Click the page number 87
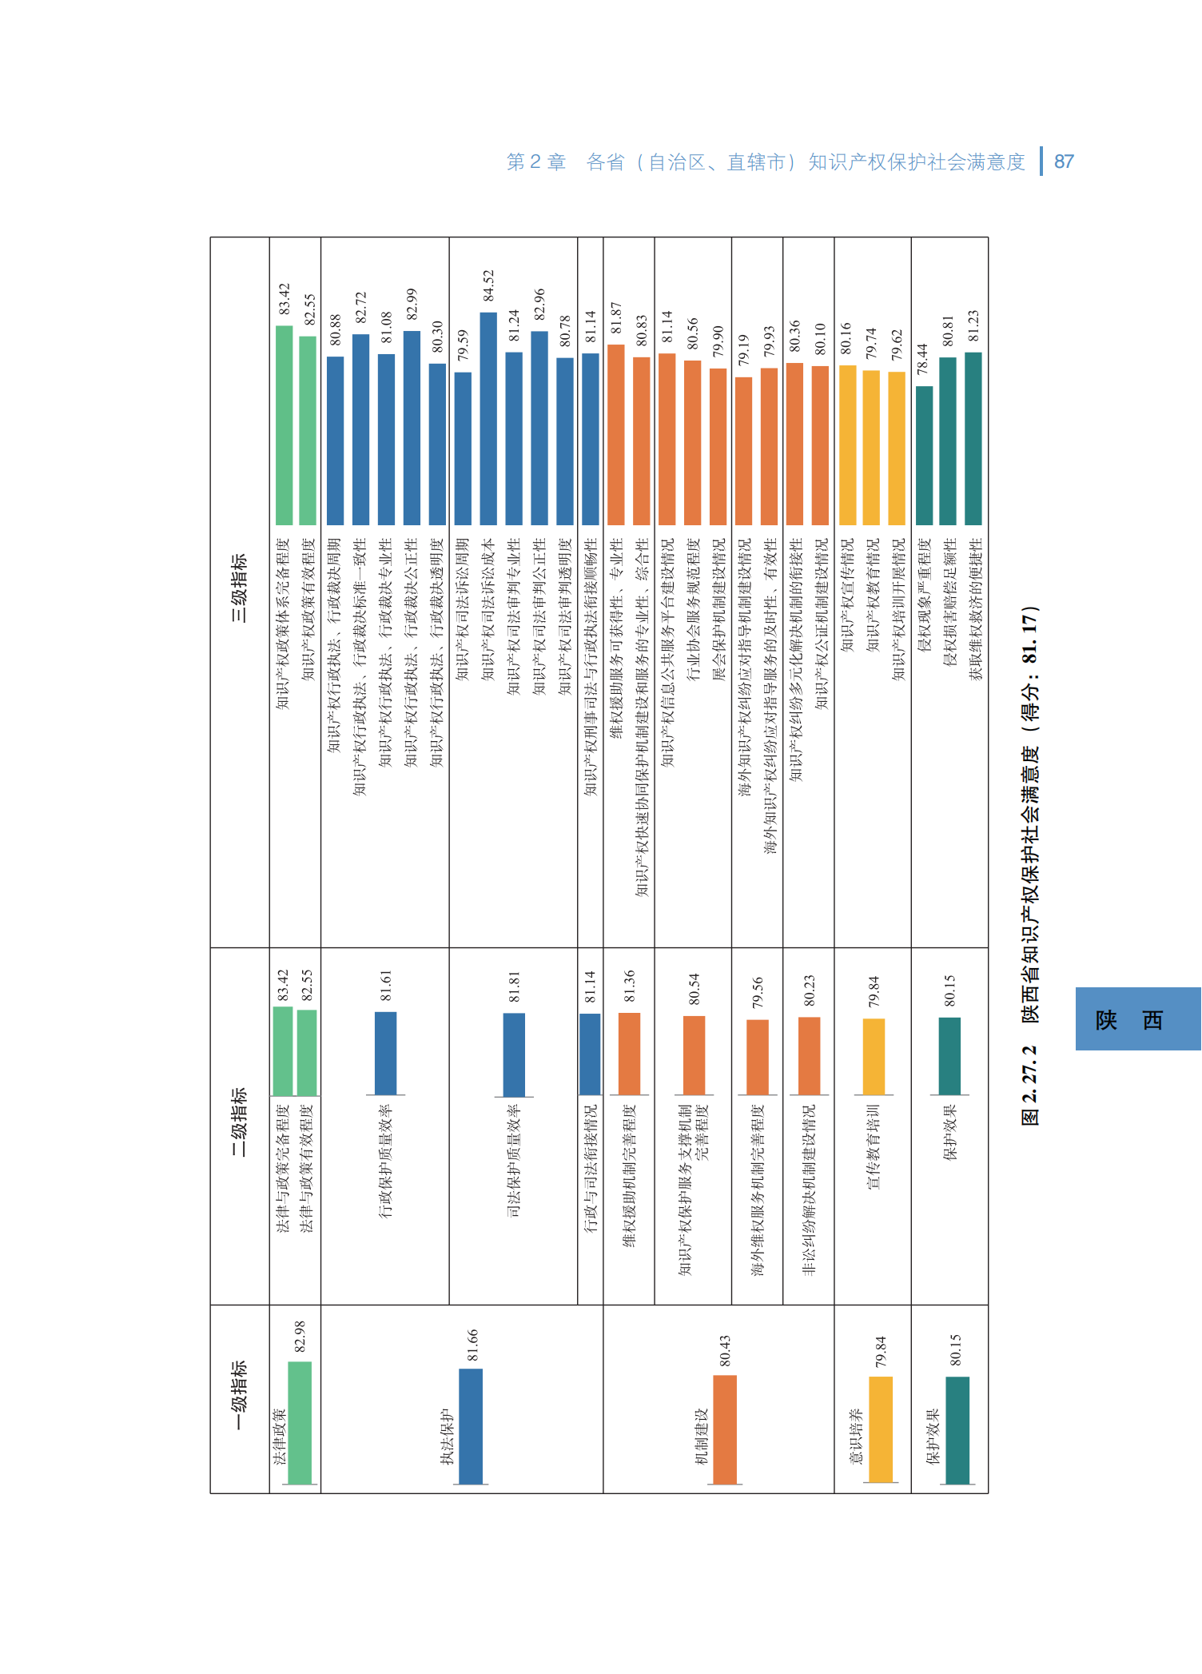click(1064, 161)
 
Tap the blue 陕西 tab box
click(1137, 1018)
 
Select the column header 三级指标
click(239, 587)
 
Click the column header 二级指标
click(239, 1121)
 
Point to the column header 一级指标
click(239, 1395)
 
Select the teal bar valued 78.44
click(924, 455)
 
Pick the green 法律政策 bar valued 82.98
click(300, 1422)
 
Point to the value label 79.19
click(744, 350)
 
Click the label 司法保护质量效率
click(514, 1160)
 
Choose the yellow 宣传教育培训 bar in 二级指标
click(874, 1056)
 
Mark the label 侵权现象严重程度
click(924, 595)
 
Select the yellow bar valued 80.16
click(847, 444)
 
